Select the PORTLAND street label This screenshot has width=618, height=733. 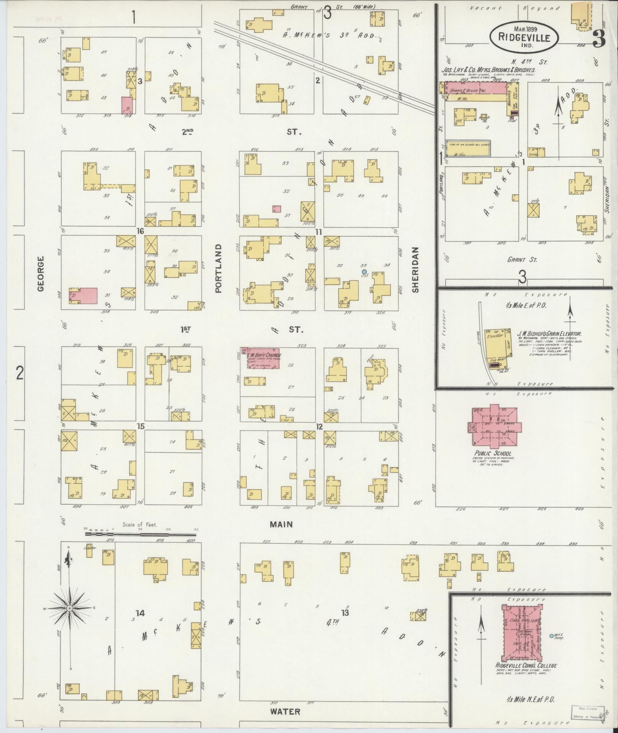(218, 268)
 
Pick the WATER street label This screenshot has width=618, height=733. (285, 712)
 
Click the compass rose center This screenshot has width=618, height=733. (70, 608)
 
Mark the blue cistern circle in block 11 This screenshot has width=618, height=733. (364, 272)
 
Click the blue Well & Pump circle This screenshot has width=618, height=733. (551, 636)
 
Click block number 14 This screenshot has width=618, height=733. (140, 613)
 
